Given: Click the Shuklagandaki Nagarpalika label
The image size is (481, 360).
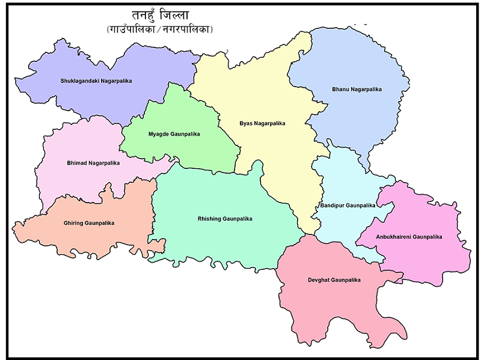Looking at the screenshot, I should point(96,81).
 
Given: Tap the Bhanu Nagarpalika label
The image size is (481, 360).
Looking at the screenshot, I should point(357,90).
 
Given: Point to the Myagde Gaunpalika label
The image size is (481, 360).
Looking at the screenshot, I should point(174,134).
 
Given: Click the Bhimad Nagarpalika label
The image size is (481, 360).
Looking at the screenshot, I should point(93,163).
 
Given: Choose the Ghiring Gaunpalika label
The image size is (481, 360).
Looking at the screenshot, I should point(89,223).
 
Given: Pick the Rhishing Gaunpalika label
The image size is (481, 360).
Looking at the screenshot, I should point(225,219).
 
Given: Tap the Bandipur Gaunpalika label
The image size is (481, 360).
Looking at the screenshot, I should point(348,206).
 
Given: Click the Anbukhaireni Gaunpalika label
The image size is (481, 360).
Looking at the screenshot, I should point(409,237).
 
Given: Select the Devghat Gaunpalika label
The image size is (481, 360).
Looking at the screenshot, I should point(333,280).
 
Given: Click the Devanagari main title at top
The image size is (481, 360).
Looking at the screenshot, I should point(159,15).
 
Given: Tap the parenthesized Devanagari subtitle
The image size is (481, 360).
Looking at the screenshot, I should point(160,29).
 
